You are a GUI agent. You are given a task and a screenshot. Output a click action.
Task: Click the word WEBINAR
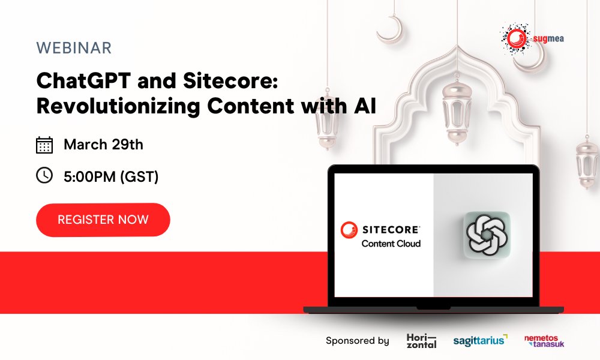click(74, 49)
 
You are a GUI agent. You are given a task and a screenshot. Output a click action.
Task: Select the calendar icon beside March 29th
click(44, 145)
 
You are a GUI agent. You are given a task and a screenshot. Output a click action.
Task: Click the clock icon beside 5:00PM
click(44, 176)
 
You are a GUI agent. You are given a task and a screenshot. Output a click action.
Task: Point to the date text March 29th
click(103, 145)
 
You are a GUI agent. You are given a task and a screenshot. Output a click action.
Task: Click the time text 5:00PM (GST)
click(111, 176)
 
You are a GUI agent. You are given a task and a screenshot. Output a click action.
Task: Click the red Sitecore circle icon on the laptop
click(348, 230)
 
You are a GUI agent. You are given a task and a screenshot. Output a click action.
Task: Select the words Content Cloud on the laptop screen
click(391, 244)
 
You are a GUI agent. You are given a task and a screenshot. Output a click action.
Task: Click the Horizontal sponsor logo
click(421, 341)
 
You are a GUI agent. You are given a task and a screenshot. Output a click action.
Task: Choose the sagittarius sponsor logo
click(479, 340)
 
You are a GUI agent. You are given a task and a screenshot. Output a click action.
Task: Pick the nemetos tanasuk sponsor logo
click(544, 341)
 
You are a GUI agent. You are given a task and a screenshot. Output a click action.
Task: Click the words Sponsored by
click(357, 341)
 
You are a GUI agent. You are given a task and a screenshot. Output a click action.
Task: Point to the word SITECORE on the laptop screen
click(391, 229)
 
